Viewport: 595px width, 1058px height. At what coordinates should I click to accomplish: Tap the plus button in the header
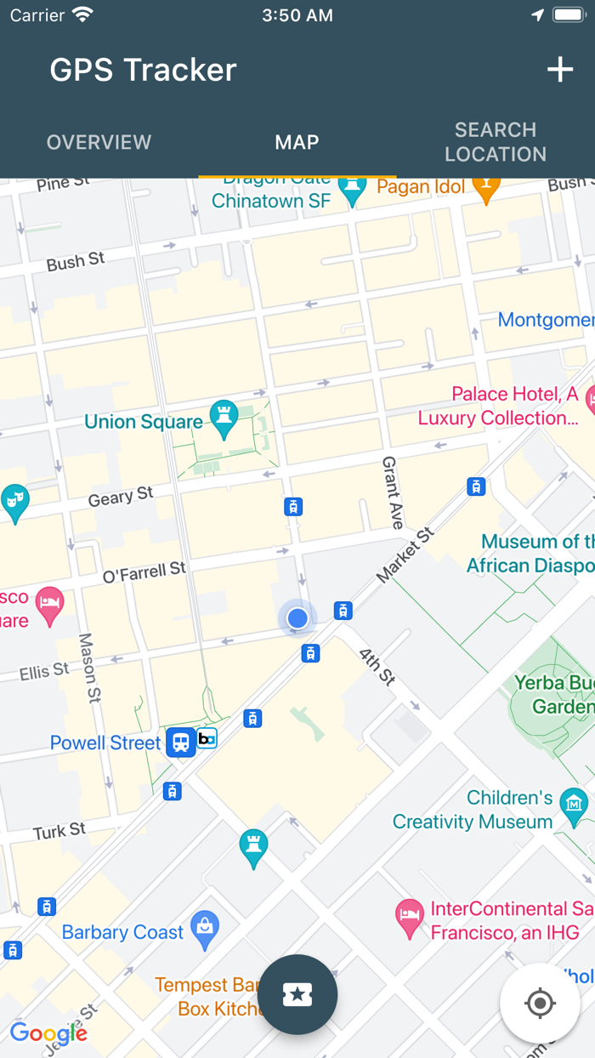(559, 70)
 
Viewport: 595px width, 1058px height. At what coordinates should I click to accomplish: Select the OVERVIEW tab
(99, 142)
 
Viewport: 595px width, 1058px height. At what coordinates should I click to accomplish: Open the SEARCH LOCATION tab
(495, 142)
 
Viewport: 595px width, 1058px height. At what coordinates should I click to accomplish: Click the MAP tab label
(297, 142)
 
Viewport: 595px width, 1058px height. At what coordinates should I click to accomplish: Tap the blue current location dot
(297, 618)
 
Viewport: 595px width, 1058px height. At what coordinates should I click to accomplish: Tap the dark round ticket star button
(297, 994)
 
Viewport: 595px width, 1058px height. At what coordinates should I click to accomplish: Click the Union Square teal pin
(224, 418)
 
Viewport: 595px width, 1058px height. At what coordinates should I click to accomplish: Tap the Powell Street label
(105, 742)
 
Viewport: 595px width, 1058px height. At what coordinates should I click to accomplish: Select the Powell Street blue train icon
(180, 742)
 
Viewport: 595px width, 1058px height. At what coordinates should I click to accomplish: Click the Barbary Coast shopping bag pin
(205, 929)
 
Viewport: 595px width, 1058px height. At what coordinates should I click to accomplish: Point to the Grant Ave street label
(392, 492)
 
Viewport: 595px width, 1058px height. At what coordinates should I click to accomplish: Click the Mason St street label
(89, 668)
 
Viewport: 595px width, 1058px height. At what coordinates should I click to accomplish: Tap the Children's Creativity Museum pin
(574, 806)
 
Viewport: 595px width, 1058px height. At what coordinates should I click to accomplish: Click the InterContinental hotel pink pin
(410, 918)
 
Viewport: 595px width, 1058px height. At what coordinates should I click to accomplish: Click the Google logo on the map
(48, 1033)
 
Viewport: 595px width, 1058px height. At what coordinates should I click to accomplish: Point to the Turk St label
(59, 831)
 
